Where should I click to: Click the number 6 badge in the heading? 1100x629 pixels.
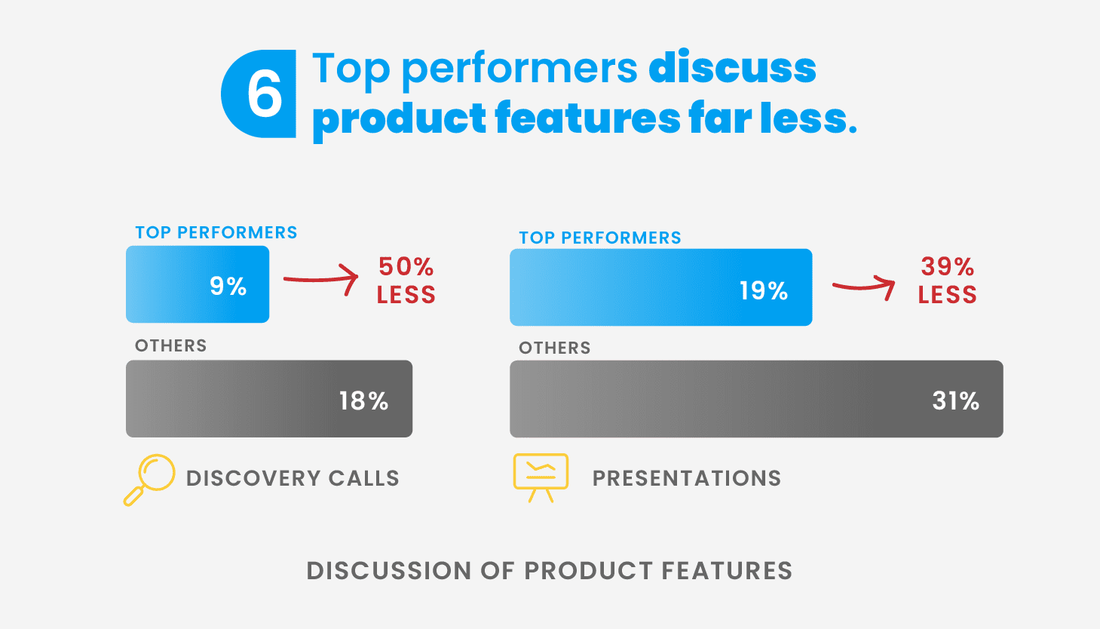coord(259,94)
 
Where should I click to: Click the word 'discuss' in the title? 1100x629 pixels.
coord(732,68)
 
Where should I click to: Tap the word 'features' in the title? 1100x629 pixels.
coord(587,118)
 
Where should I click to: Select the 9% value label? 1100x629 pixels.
coord(228,286)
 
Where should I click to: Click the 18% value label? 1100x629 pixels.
coord(363,401)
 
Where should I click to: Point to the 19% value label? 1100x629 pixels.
coord(764,290)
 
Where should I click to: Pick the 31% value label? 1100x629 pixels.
coord(956,401)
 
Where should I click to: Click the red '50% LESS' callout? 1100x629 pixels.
coord(406,281)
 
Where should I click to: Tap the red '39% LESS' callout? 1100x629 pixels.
coord(947,281)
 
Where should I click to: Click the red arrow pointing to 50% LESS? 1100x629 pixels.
coord(320,280)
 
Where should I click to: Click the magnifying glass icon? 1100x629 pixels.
coord(149,480)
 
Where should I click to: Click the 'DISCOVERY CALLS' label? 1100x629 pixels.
coord(293,478)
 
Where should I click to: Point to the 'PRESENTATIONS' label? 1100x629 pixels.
coord(687,478)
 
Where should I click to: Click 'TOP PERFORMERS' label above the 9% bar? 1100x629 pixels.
coord(216,232)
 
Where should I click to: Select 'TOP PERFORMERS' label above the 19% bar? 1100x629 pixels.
coord(600,238)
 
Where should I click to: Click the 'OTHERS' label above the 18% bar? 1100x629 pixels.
coord(171,345)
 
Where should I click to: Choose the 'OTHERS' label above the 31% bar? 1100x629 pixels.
coord(555,348)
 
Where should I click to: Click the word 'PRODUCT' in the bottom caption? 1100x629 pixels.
coord(587,570)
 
